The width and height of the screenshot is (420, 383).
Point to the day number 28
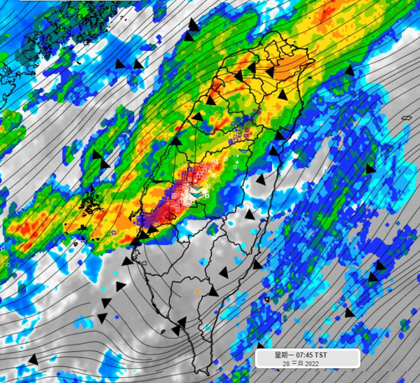click(x=286, y=363)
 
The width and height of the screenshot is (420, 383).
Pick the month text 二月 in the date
click(x=296, y=363)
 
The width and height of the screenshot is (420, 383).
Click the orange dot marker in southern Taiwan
click(x=197, y=292)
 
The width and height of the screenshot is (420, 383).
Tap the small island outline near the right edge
click(x=407, y=118)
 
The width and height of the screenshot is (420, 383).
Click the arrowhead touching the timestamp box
click(x=261, y=346)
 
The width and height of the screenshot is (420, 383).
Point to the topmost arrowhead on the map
click(x=193, y=25)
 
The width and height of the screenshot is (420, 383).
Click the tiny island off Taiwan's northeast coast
click(x=310, y=78)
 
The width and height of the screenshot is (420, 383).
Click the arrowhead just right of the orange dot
click(x=214, y=291)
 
